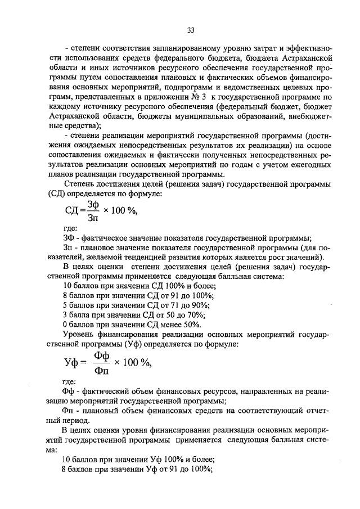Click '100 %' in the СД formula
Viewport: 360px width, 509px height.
pyautogui.click(x=123, y=211)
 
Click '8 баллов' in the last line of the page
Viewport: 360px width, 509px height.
pyautogui.click(x=78, y=469)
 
